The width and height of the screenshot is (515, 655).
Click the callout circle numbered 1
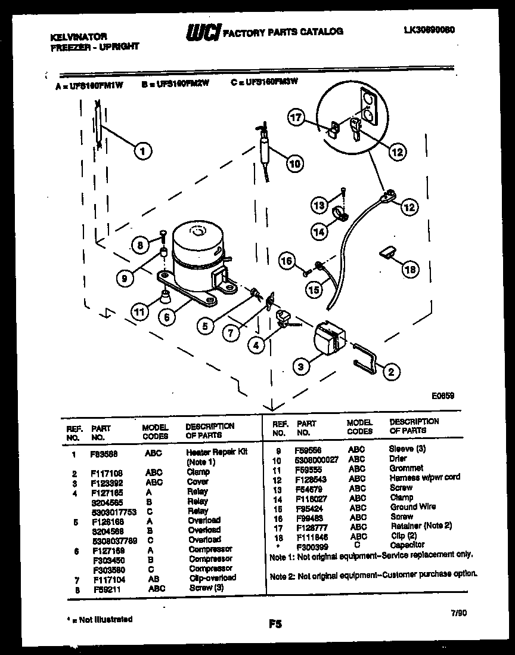click(x=142, y=151)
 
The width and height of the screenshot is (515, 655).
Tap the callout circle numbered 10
click(x=294, y=163)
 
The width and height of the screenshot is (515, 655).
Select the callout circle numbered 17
click(x=297, y=118)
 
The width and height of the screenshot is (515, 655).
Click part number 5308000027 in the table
click(x=316, y=459)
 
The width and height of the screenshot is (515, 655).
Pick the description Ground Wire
click(x=412, y=506)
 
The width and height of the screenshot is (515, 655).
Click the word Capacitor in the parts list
click(x=407, y=545)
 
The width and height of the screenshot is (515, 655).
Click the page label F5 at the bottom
click(x=275, y=624)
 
